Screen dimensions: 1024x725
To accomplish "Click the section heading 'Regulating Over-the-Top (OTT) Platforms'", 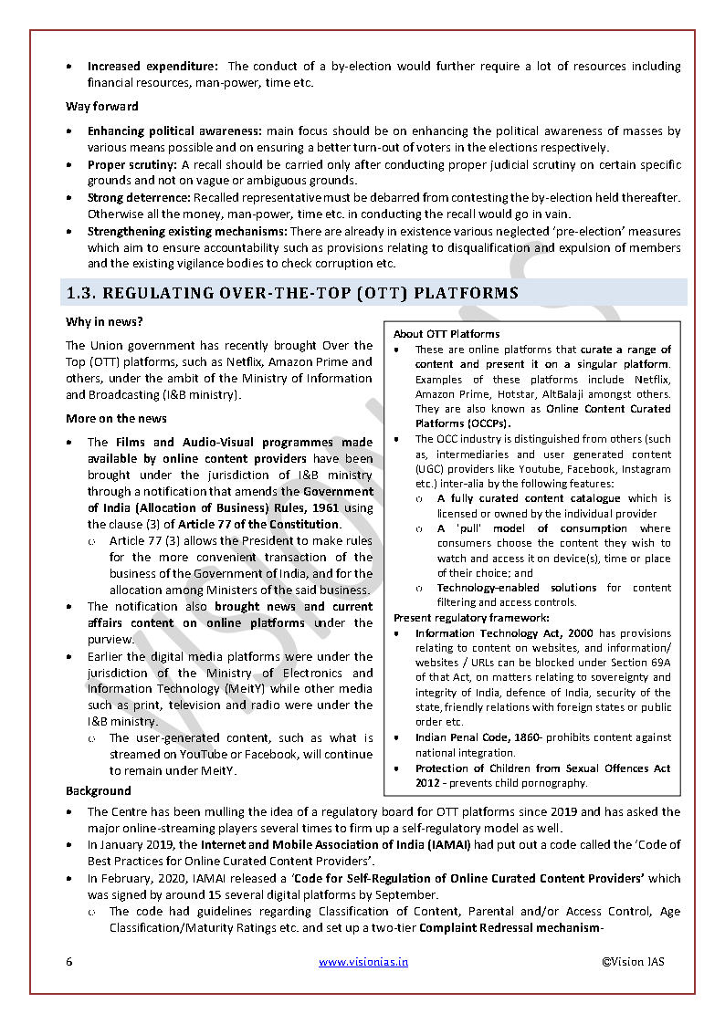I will tap(292, 293).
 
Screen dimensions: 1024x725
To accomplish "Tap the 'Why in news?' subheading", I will tap(104, 322).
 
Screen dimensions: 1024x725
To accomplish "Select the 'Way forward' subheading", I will tap(102, 107).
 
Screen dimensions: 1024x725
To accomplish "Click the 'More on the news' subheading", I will tap(116, 419).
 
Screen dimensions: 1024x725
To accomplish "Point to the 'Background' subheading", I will tap(98, 791).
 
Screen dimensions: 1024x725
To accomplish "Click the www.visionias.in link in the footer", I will tap(363, 962).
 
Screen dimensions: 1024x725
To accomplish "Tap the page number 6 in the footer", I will tap(68, 962).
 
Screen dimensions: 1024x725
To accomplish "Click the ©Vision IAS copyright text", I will tap(633, 962).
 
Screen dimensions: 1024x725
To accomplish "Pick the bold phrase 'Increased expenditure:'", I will tap(152, 67).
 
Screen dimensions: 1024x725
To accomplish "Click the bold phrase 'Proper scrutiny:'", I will tap(133, 165).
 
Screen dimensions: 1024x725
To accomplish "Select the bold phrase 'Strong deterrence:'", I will tap(139, 198).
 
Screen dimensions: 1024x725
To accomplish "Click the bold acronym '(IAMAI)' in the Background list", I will tap(446, 845).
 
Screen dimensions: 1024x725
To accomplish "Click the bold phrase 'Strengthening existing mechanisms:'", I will tap(187, 232).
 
